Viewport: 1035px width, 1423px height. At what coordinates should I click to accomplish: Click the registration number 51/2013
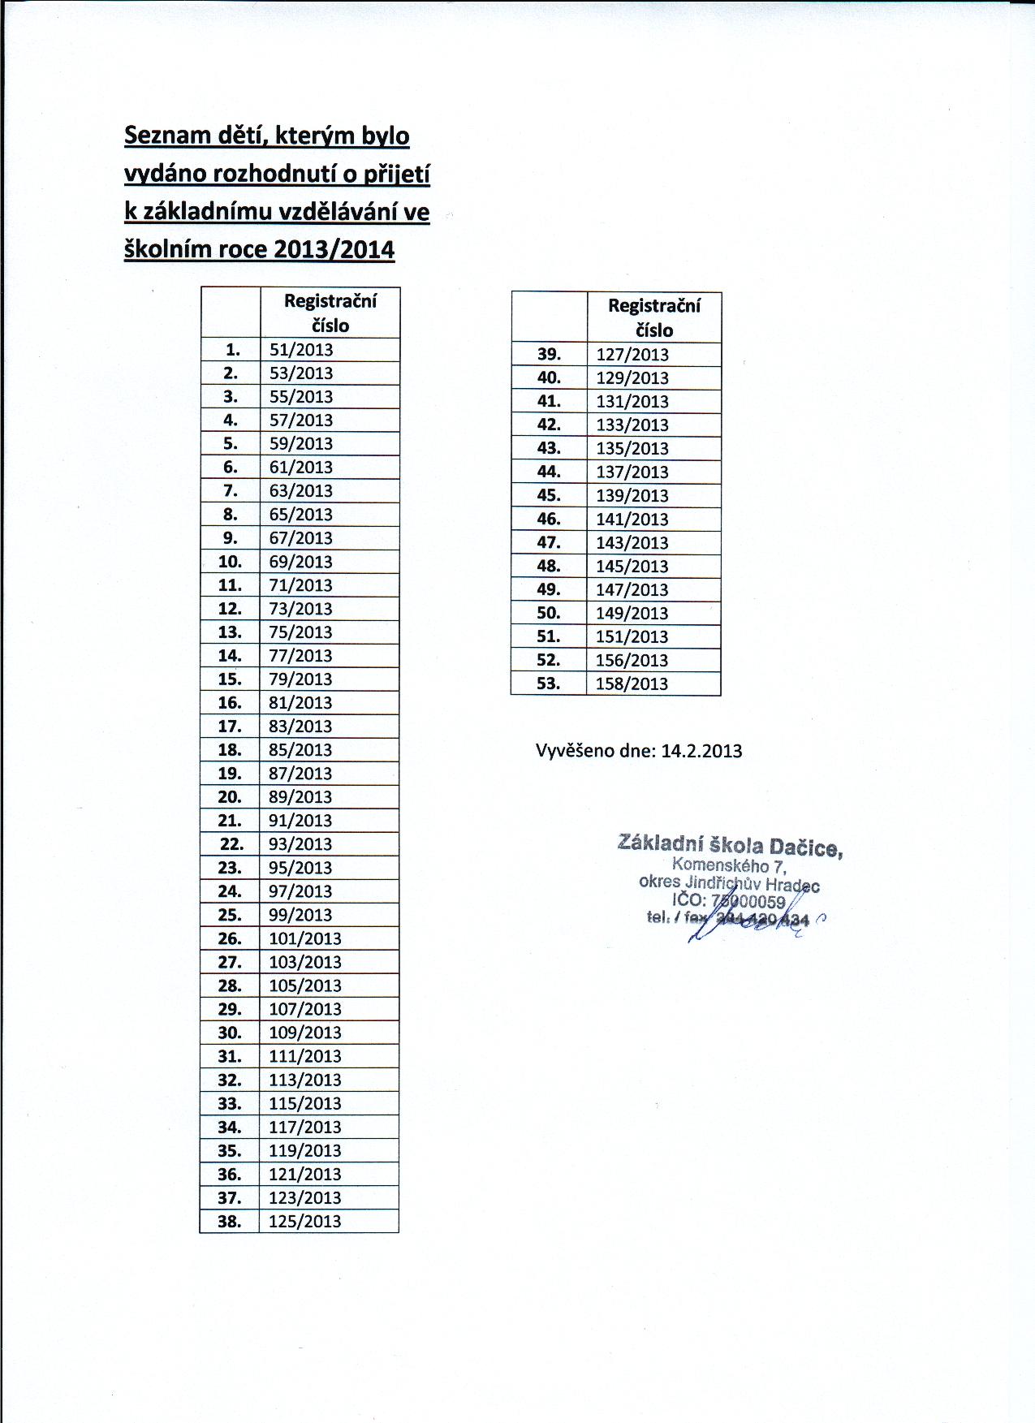point(301,350)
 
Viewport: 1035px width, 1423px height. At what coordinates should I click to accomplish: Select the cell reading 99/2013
point(300,915)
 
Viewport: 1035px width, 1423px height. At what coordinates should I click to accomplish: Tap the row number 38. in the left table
point(230,1221)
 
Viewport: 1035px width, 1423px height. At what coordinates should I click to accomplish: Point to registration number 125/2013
point(304,1221)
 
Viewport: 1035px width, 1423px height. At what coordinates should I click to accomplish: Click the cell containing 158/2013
point(632,683)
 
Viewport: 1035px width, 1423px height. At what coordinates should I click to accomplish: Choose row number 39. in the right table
point(550,354)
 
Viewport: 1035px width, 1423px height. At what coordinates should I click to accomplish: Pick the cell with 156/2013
point(632,660)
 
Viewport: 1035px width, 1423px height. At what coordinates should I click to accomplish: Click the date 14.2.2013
point(701,751)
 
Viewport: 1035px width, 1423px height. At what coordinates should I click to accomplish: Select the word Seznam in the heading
point(165,135)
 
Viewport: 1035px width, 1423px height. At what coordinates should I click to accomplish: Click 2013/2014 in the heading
point(334,248)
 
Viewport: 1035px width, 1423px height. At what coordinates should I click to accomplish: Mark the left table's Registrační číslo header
point(330,313)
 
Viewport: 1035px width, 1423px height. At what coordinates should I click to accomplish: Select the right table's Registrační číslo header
point(654,317)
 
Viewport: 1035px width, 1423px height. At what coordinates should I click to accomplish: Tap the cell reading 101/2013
point(304,938)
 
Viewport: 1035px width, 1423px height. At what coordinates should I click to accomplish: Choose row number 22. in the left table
point(231,844)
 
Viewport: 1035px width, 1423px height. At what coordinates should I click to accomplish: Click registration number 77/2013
point(300,656)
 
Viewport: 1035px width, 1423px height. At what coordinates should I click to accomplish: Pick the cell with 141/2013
point(632,520)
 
